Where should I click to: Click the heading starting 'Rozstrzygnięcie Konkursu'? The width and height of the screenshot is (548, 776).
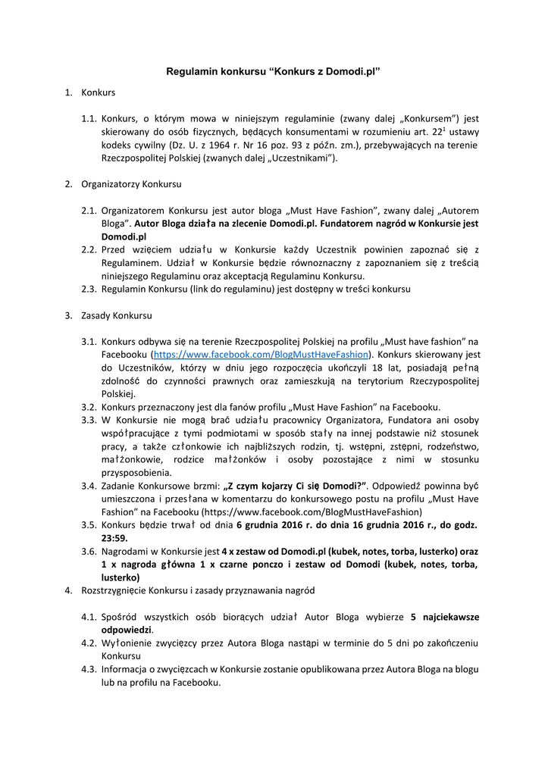coord(193,590)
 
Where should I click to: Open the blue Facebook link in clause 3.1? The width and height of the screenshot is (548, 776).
coord(262,354)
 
